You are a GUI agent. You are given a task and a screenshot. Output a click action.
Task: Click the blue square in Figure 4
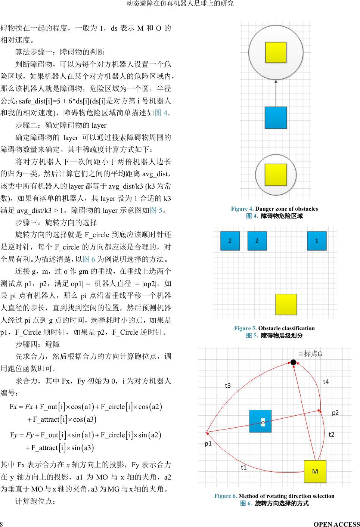(x=276, y=118)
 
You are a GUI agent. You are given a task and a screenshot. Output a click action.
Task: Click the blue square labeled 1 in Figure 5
(x=317, y=241)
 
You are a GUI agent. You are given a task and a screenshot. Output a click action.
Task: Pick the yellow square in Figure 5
(x=286, y=304)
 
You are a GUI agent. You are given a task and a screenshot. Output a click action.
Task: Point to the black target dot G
(x=294, y=362)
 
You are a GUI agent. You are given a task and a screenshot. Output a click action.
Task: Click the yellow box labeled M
(x=315, y=471)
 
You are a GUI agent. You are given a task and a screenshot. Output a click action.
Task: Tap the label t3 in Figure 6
(x=228, y=385)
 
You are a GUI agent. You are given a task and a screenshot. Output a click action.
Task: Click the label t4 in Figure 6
(x=326, y=382)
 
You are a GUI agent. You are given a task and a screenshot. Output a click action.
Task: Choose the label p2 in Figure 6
(x=335, y=412)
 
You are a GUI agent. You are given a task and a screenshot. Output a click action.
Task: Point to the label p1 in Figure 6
(x=208, y=443)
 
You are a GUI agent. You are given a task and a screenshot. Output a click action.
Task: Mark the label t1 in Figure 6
(x=243, y=467)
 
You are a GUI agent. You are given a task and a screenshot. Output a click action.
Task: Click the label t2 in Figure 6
(x=331, y=434)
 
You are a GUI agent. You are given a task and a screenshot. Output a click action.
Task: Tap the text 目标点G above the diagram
(x=310, y=353)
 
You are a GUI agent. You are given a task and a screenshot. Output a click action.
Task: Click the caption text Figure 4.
(x=242, y=209)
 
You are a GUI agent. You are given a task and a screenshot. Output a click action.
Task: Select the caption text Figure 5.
(x=245, y=328)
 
